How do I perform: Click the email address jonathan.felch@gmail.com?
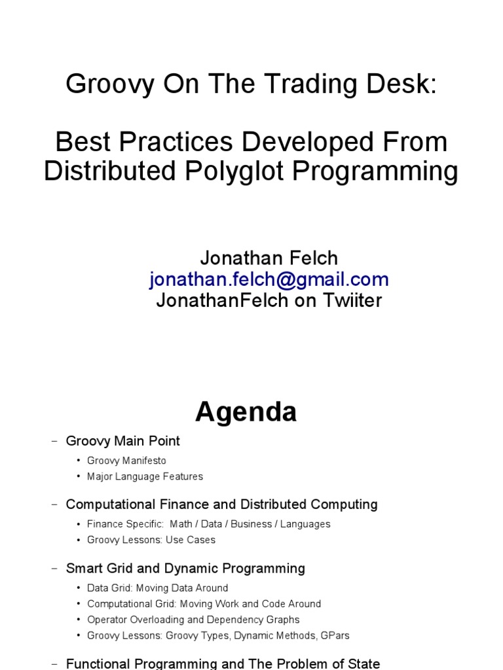[x=269, y=279]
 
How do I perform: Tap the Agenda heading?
[x=246, y=412]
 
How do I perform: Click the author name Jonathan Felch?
[x=269, y=258]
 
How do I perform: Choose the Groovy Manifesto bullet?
[x=126, y=461]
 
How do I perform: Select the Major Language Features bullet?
[x=145, y=476]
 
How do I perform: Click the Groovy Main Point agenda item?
[x=122, y=441]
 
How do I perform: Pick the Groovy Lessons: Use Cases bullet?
[x=151, y=540]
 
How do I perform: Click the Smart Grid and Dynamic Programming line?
[x=185, y=568]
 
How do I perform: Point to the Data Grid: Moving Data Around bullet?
[x=157, y=588]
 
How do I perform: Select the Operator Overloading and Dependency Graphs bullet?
[x=193, y=620]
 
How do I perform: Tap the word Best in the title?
[x=79, y=142]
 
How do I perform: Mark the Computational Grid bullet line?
[x=204, y=604]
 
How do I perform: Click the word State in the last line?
[x=363, y=664]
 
